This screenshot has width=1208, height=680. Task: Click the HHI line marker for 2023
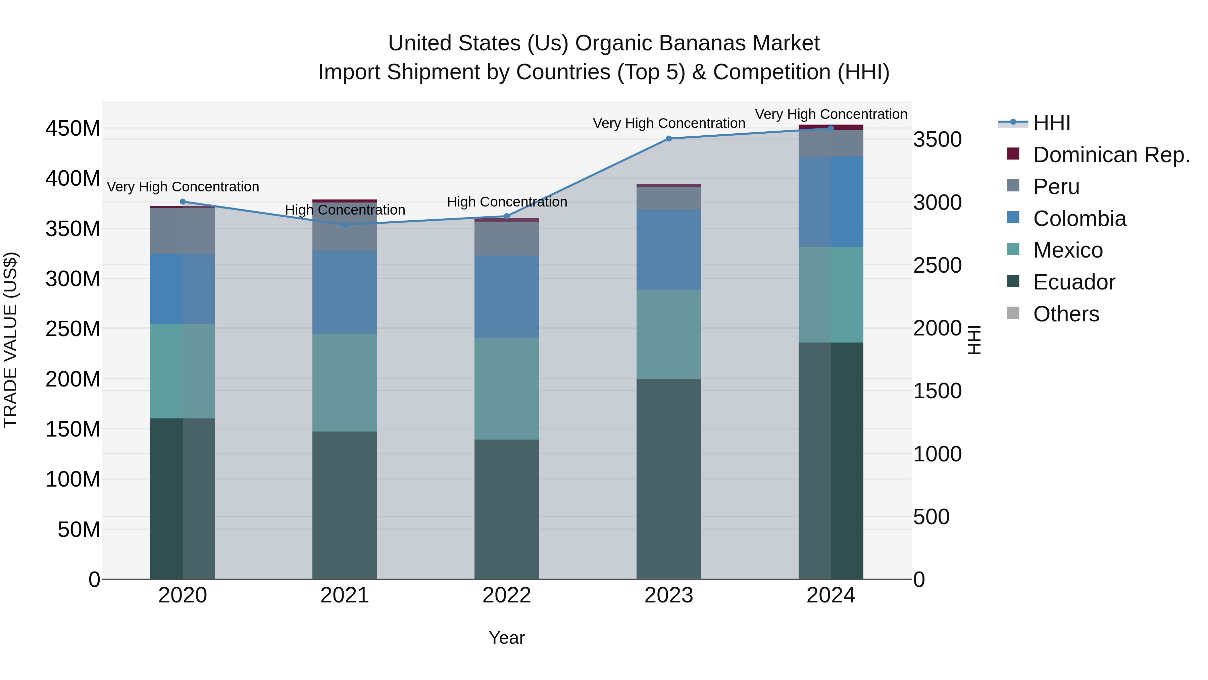(x=669, y=138)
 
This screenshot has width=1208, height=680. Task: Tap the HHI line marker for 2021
(x=345, y=225)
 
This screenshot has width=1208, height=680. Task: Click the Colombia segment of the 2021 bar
(x=345, y=292)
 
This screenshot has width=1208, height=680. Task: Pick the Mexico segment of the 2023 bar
(x=669, y=334)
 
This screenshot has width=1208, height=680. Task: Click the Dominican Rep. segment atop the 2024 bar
(x=831, y=127)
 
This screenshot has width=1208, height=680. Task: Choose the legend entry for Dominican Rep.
(x=1111, y=155)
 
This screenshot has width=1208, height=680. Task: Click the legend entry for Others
(x=1066, y=314)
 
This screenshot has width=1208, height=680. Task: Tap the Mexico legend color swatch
(x=1013, y=249)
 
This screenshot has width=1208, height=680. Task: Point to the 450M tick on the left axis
(x=73, y=128)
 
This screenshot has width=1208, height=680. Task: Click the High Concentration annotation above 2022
(x=507, y=202)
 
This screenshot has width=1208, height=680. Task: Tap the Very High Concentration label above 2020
(x=183, y=187)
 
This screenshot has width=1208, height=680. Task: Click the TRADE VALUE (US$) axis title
(x=10, y=340)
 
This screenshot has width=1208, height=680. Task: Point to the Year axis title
(x=506, y=638)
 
